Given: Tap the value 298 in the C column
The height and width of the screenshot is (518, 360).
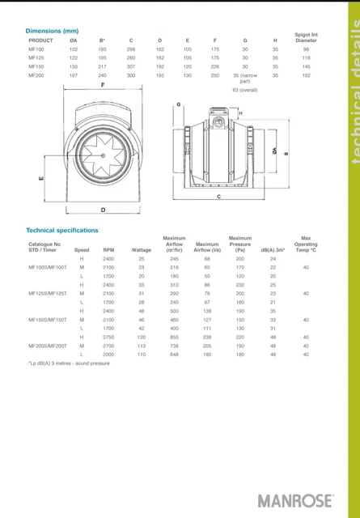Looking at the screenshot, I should [x=130, y=49].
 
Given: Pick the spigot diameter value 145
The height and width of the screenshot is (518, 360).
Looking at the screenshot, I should [x=306, y=66].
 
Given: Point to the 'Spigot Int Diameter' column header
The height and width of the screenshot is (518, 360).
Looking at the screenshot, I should [x=306, y=37].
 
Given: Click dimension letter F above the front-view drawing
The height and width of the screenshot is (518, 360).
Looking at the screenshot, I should [x=103, y=85].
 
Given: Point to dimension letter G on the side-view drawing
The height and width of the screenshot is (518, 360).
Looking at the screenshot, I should [x=178, y=105].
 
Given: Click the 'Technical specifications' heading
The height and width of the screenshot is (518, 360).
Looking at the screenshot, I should [x=62, y=230].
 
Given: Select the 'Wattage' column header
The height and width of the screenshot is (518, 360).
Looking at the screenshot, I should [x=142, y=250].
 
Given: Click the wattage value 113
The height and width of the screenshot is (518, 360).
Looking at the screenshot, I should [x=142, y=346].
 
